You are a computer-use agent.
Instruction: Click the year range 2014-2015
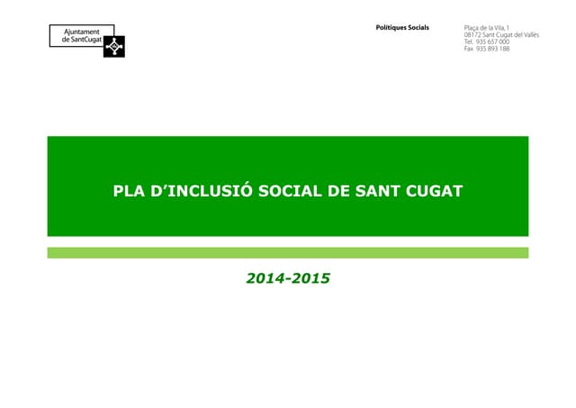pos(288,278)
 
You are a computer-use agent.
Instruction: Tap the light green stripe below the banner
pos(288,253)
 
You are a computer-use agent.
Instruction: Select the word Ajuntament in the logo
pos(80,32)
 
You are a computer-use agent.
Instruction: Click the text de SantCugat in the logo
pos(80,41)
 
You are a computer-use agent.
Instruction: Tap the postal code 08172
pos(472,35)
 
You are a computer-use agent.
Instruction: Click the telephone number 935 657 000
pos(492,41)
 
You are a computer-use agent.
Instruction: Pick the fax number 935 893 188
pos(492,49)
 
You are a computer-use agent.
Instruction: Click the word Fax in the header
pos(468,49)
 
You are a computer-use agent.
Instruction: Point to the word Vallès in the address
pos(527,35)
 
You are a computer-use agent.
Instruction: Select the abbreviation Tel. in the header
pos(468,41)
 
